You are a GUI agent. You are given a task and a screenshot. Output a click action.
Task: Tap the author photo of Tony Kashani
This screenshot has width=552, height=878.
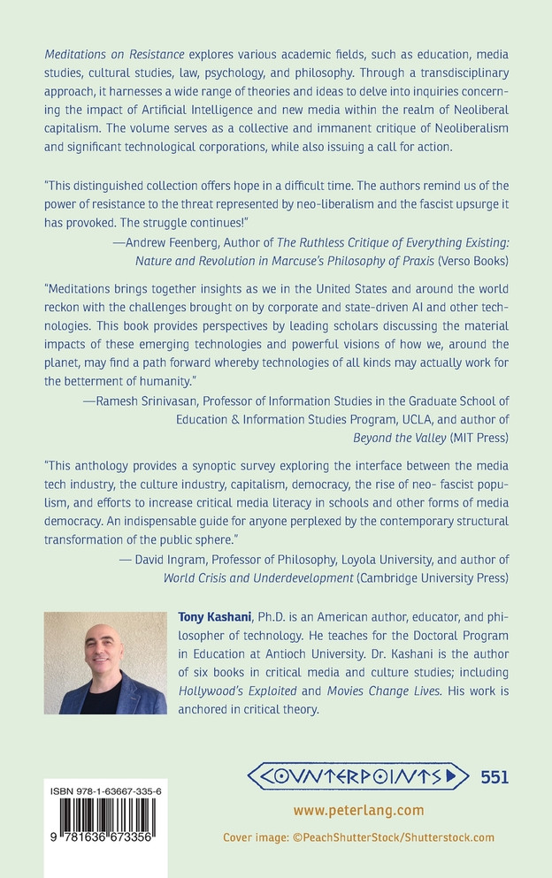105,663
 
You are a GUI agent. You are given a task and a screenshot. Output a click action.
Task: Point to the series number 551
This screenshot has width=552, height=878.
494,777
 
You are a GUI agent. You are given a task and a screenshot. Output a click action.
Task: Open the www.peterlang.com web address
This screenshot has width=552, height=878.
358,810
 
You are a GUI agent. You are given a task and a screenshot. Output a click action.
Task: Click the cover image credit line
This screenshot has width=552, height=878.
358,837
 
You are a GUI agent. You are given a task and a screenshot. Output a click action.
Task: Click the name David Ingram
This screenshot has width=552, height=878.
172,560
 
